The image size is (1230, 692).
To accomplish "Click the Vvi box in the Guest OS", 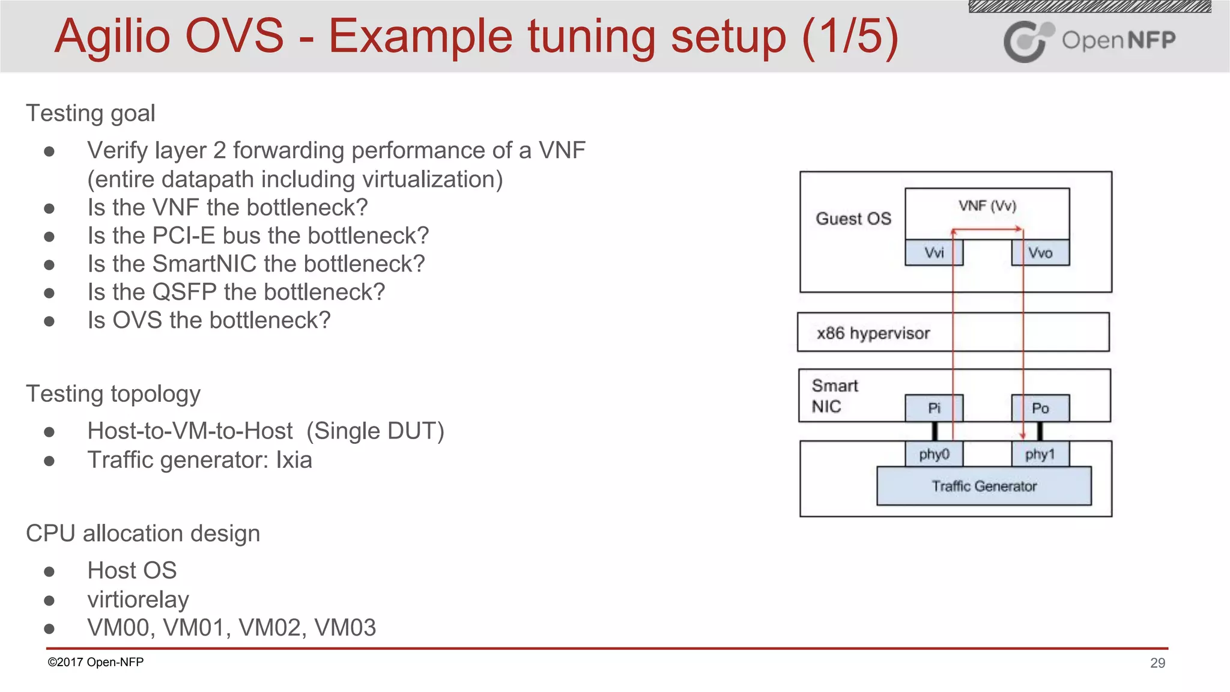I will pos(933,253).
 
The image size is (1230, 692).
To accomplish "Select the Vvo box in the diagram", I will pos(1040,253).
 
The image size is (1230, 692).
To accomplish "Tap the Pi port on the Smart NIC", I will pos(933,408).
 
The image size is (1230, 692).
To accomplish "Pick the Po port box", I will pos(1040,408).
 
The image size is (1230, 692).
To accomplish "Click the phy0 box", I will pos(933,454).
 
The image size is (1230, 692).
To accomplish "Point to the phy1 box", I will pos(1040,454).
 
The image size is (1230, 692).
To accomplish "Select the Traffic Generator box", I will pos(984,486).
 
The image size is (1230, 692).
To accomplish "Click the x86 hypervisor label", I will pos(873,333).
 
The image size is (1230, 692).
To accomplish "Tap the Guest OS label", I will pos(853,219).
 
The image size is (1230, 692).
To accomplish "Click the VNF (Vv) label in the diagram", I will pos(987,206).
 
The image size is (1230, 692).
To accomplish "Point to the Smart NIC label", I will pos(834,396).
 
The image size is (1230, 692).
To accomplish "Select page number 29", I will pos(1157,663).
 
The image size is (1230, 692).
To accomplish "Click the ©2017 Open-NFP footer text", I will pos(95,662).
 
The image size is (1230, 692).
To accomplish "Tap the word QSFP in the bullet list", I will pos(184,292).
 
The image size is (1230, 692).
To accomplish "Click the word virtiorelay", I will pos(138,599).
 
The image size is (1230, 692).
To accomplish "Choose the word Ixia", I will pos(294,460).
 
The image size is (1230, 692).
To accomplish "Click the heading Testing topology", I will pos(113,394).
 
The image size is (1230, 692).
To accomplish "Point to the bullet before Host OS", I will pos(49,571).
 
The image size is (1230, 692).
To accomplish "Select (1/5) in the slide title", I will pos(850,36).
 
